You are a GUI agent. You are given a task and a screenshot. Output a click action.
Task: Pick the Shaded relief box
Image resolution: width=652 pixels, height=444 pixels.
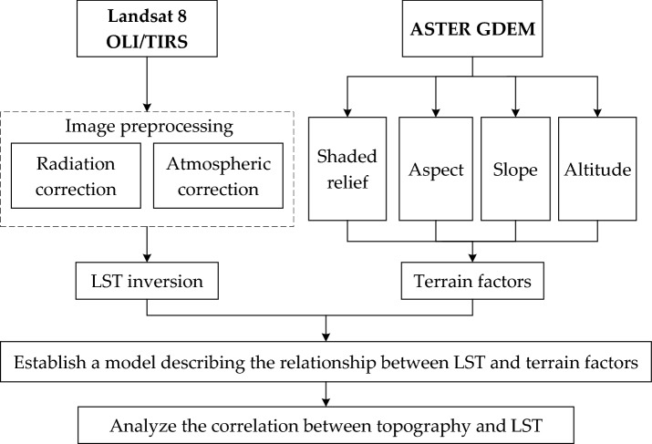347,169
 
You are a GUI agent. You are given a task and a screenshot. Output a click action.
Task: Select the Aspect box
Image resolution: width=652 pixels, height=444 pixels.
436,169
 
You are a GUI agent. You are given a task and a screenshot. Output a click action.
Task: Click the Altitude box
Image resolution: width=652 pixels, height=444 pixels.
597,169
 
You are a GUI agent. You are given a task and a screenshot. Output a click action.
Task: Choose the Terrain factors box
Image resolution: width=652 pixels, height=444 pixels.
472,282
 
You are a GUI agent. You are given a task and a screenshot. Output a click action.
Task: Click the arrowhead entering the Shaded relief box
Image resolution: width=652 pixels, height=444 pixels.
347,111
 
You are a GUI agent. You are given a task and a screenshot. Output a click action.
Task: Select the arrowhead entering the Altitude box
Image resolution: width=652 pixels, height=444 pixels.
597,111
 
